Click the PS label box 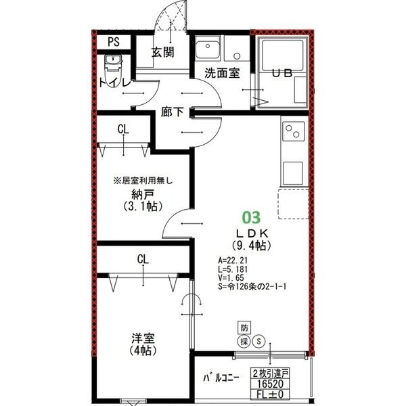(113, 42)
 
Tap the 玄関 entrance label (163, 52)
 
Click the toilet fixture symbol (112, 66)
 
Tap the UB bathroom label (282, 74)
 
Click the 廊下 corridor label (173, 112)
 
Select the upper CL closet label (123, 129)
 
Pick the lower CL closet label (142, 258)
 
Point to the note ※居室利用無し (143, 181)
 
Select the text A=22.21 (235, 259)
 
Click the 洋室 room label (141, 338)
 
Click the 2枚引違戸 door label (271, 373)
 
